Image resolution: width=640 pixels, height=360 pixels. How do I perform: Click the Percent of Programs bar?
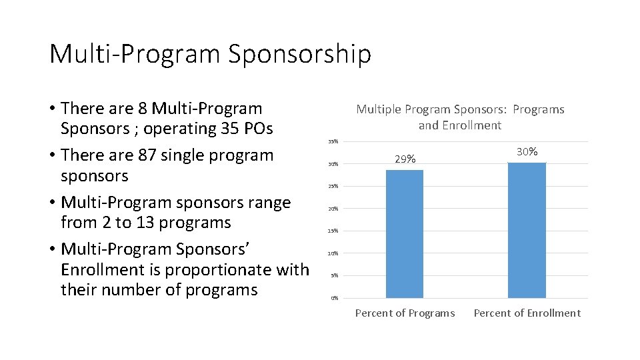tap(405, 233)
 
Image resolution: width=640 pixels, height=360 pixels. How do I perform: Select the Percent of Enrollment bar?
tap(527, 230)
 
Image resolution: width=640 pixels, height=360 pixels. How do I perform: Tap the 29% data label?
tap(405, 159)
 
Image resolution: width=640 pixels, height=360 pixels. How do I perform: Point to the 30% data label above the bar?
tap(527, 152)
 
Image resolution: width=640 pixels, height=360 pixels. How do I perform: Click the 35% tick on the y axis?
tap(333, 141)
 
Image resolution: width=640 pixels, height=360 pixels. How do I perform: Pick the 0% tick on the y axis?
tap(335, 298)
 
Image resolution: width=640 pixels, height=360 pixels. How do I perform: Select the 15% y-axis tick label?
tap(333, 231)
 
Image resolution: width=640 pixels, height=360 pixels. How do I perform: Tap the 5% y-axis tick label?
tap(335, 275)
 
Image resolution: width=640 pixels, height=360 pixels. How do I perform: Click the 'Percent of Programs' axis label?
tap(405, 313)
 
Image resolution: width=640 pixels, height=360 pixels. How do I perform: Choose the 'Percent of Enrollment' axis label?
tap(527, 313)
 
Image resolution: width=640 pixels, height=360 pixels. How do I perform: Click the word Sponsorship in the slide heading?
tap(299, 54)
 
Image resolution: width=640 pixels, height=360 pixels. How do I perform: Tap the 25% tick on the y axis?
tap(333, 186)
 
